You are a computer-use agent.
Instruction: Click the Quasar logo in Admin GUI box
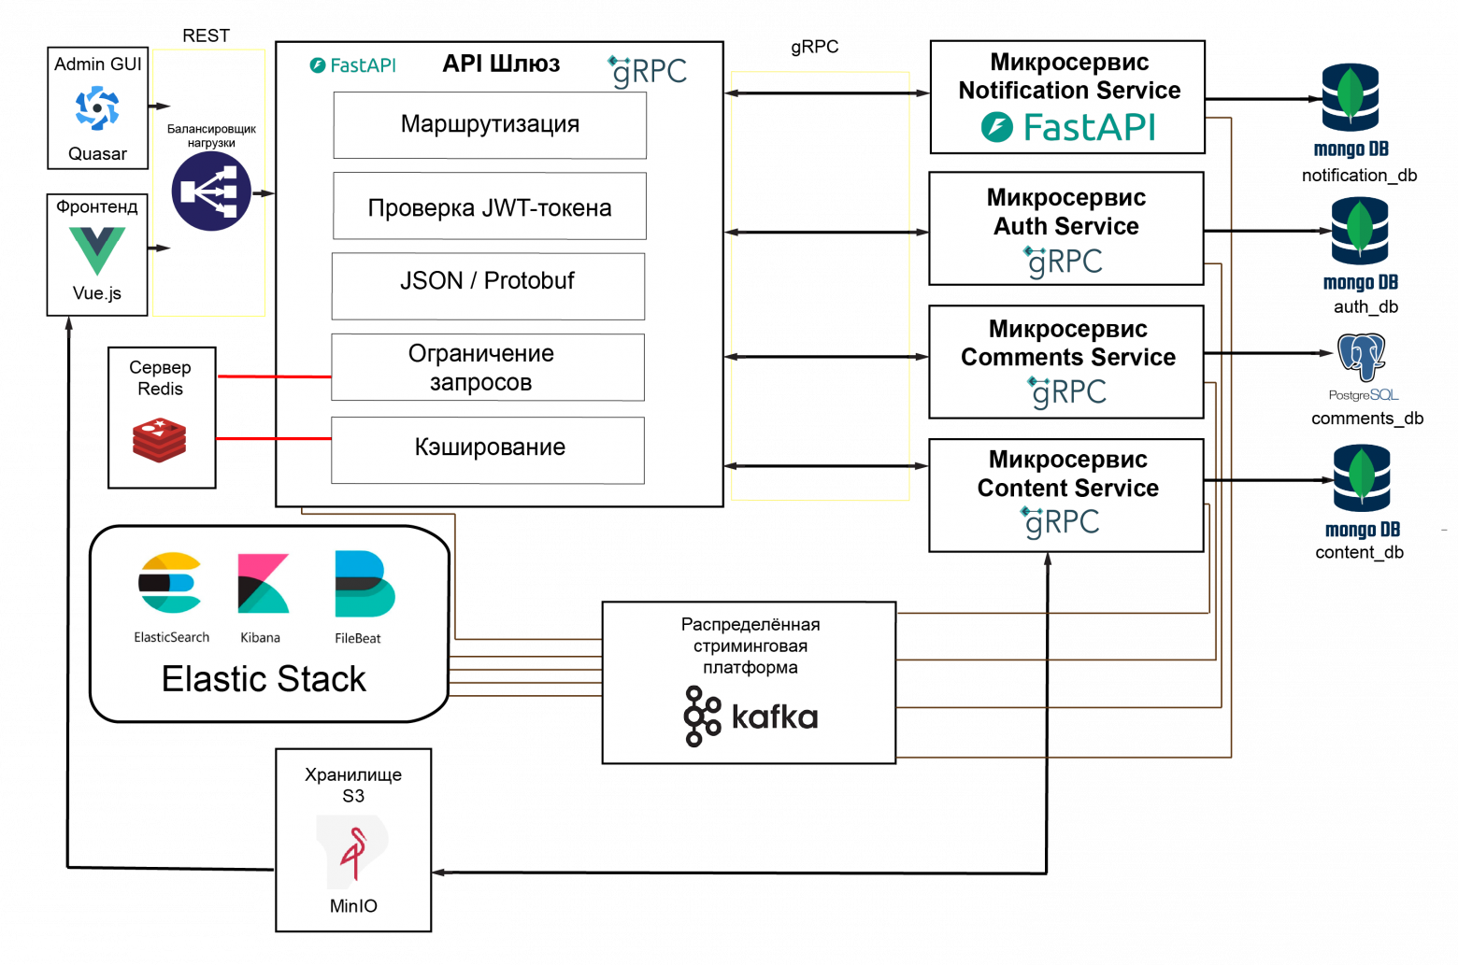(x=97, y=108)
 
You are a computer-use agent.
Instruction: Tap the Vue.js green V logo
(x=97, y=250)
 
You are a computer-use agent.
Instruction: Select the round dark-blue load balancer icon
(x=211, y=192)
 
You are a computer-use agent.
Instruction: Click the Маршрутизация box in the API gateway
(x=490, y=125)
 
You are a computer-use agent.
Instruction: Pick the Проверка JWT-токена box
(x=490, y=206)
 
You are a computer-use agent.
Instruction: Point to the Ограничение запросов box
(x=488, y=367)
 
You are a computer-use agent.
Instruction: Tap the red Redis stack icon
(x=160, y=439)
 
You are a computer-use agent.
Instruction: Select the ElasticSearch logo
(x=170, y=583)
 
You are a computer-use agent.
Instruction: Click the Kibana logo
(x=263, y=583)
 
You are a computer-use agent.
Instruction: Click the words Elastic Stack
(x=264, y=679)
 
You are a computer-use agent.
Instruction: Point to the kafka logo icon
(x=703, y=717)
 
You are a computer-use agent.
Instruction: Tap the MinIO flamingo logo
(x=353, y=853)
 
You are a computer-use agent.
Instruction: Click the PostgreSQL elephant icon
(x=1362, y=357)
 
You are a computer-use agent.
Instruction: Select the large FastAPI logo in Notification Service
(x=1068, y=127)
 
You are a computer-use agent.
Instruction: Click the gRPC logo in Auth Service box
(x=1064, y=263)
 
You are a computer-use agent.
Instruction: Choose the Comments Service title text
(x=1068, y=357)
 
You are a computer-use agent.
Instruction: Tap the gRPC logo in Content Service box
(x=1061, y=522)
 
